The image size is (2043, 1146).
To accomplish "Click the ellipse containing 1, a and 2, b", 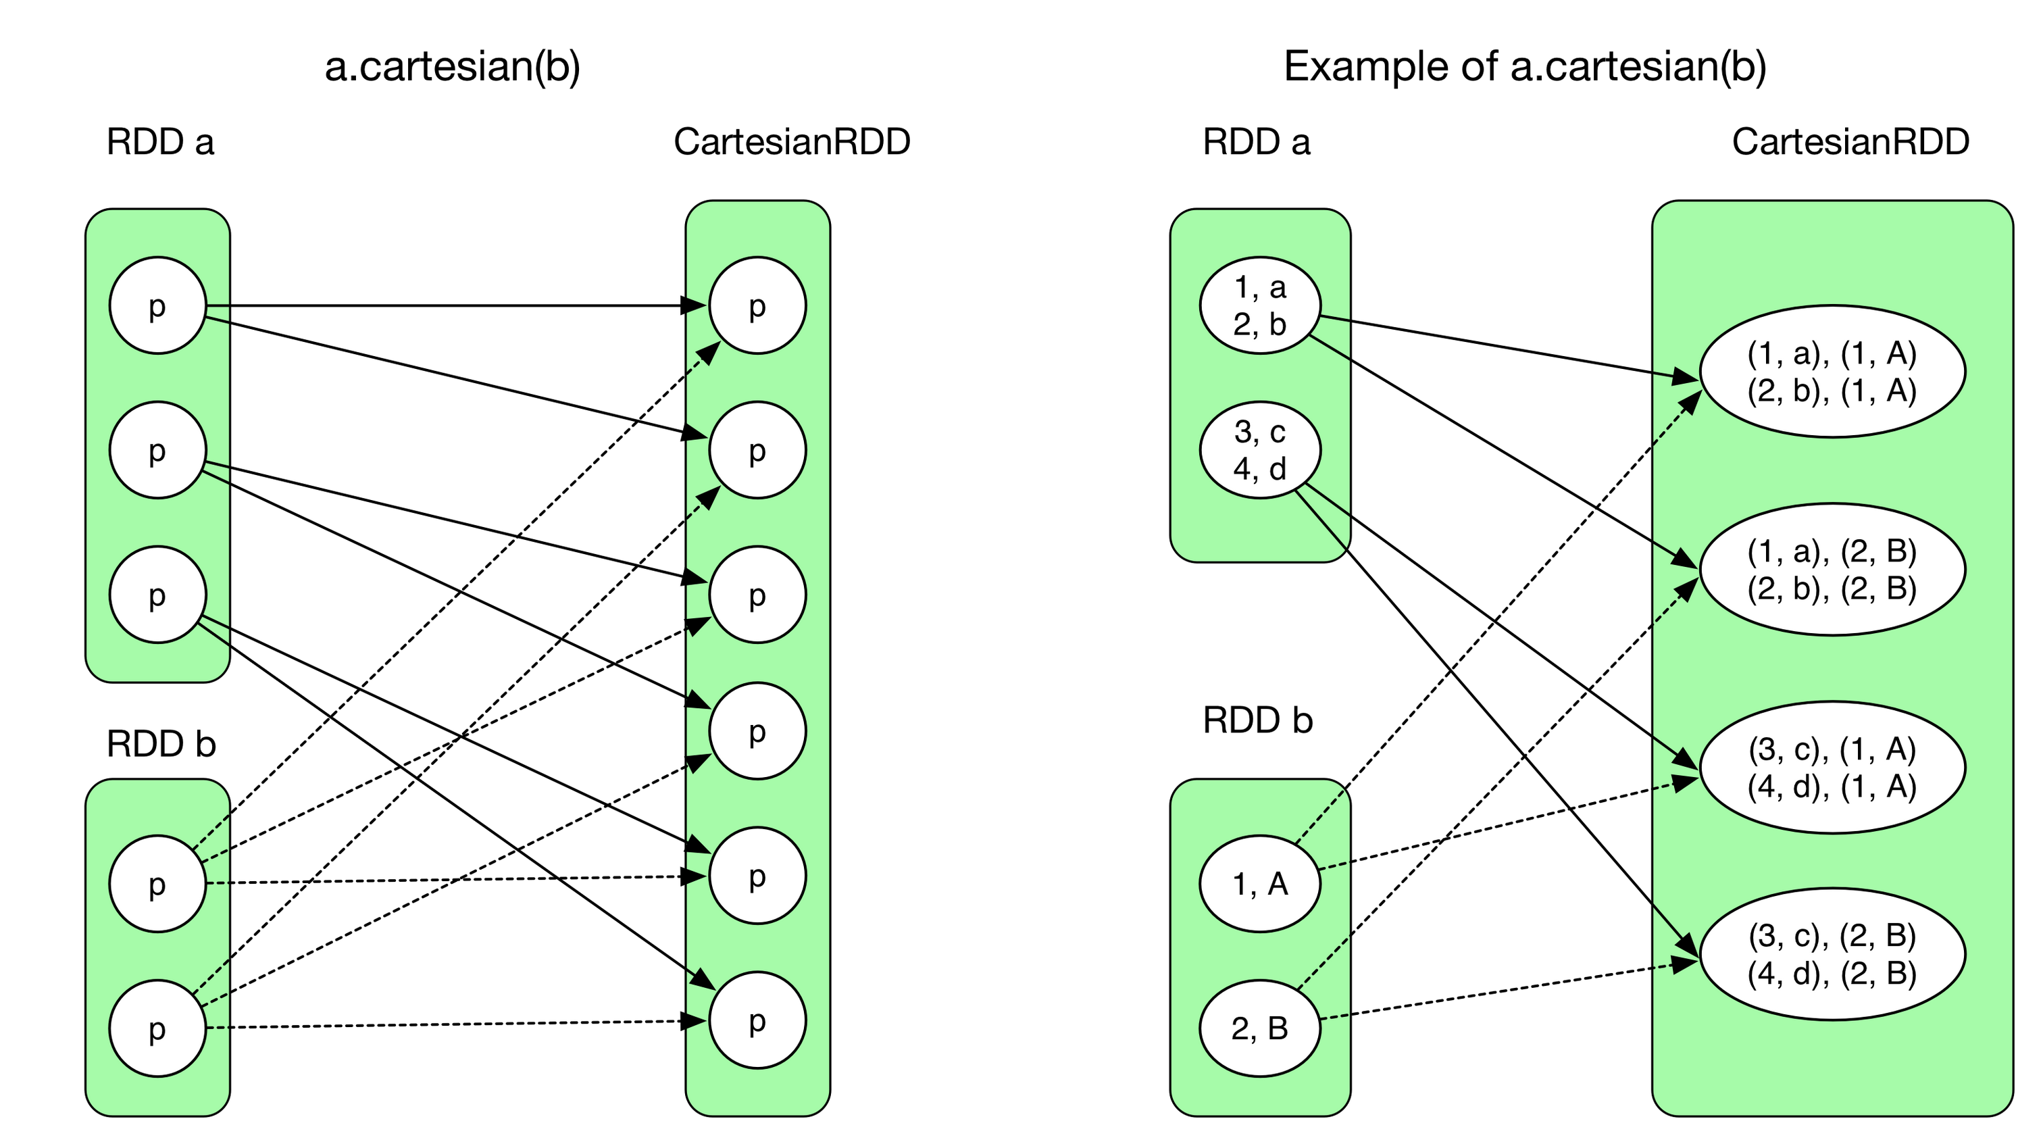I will [x=1259, y=305].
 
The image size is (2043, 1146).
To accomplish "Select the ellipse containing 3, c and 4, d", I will [x=1259, y=449].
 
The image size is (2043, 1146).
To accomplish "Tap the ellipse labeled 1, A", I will [x=1259, y=884].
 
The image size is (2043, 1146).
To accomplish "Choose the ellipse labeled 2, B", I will [x=1259, y=1028].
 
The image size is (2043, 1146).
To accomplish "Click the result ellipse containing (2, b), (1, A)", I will [x=1832, y=371].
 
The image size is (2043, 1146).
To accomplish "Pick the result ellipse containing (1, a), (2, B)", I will [x=1832, y=569].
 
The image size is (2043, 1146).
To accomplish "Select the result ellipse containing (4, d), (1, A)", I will [x=1832, y=767].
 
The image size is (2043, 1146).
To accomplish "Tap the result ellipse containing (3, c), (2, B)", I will [x=1832, y=953].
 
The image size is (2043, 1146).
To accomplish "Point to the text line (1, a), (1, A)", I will [x=1832, y=353].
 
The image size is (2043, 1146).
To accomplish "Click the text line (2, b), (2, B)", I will [x=1832, y=588].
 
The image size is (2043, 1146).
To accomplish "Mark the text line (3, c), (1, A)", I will [x=1832, y=749].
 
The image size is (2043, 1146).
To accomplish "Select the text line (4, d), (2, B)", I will [x=1832, y=972].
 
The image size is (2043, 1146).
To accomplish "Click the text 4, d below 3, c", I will [x=1259, y=469].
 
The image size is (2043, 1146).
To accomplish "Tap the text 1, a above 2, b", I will [x=1259, y=287].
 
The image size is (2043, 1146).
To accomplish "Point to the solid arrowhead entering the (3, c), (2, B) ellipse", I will [x=1688, y=945].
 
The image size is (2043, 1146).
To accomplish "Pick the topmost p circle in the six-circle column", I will [x=757, y=305].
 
